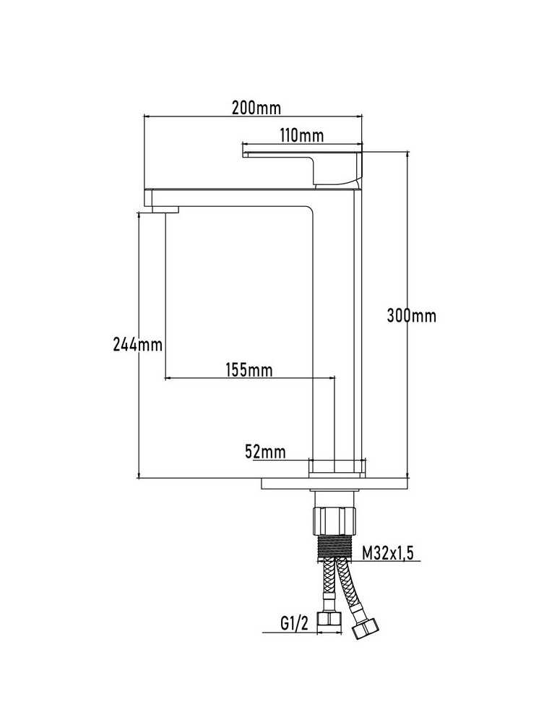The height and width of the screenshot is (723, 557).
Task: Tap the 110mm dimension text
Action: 302,135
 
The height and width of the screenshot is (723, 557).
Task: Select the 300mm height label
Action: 411,316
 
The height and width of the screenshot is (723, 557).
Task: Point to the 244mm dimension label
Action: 138,344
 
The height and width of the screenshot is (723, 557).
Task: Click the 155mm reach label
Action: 249,369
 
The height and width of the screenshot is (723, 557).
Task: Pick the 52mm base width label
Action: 265,451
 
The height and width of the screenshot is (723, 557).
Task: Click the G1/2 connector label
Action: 294,624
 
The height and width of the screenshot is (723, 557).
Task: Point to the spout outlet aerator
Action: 165,210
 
